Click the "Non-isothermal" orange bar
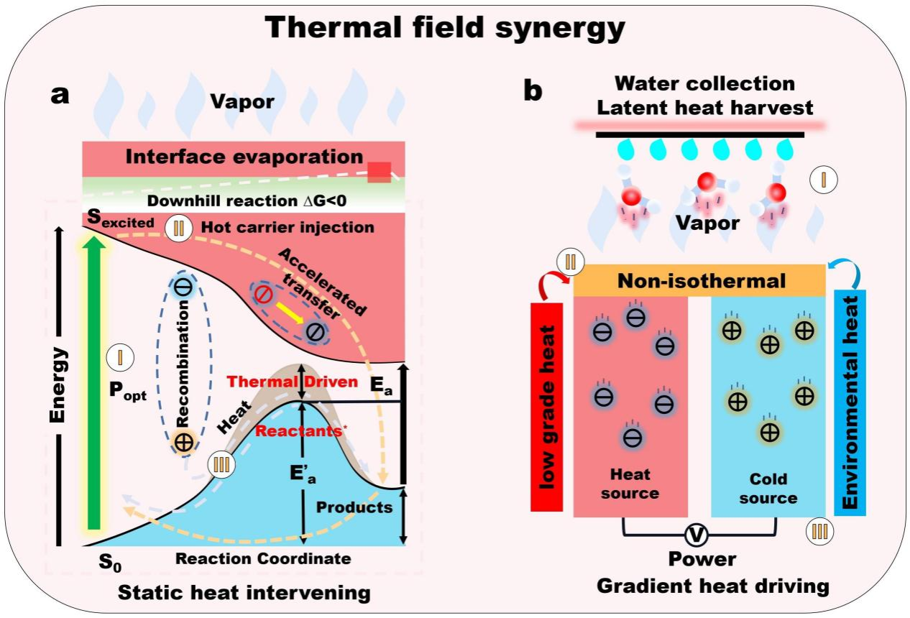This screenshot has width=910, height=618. pyautogui.click(x=699, y=280)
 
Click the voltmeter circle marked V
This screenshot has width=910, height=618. pyautogui.click(x=695, y=535)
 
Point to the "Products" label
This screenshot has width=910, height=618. pyautogui.click(x=355, y=507)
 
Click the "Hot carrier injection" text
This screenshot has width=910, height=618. pyautogui.click(x=288, y=228)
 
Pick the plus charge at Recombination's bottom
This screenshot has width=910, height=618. pyautogui.click(x=184, y=442)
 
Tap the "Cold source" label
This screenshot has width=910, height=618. pyautogui.click(x=768, y=489)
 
